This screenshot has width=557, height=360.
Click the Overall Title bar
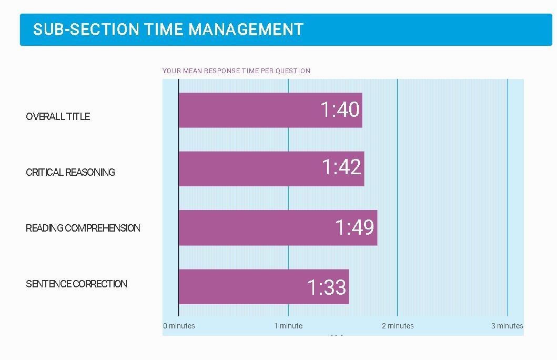(270, 110)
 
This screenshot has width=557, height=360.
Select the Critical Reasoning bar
(271, 169)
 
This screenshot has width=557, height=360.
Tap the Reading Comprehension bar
(278, 228)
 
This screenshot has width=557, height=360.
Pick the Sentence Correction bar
(264, 287)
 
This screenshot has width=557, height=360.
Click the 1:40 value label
(340, 109)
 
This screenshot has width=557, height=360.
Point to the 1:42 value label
(341, 167)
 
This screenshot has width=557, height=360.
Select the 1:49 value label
(355, 227)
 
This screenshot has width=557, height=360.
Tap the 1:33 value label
(327, 287)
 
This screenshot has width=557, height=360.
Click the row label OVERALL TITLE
(58, 116)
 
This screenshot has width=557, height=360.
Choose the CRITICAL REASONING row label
(70, 172)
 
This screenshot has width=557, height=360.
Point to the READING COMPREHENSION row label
(83, 228)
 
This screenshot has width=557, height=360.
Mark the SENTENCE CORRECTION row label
(76, 284)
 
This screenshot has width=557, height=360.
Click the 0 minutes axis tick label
(179, 326)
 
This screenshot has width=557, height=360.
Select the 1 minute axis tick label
(288, 326)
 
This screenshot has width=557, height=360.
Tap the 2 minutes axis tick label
(398, 326)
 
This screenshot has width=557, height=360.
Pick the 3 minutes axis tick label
(507, 326)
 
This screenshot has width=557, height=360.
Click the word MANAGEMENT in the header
(246, 29)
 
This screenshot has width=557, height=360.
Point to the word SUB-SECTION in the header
(86, 29)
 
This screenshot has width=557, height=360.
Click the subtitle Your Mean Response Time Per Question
(236, 71)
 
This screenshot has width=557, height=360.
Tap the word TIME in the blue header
(164, 29)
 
